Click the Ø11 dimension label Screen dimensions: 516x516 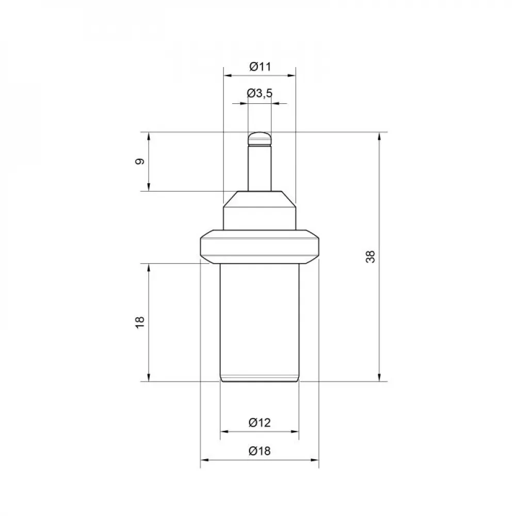260,67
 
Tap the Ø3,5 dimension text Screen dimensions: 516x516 260,93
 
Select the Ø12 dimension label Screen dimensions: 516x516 260,422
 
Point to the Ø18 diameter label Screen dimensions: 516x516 260,450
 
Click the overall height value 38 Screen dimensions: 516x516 370,256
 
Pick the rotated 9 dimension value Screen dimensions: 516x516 140,162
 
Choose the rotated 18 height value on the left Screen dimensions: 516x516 140,322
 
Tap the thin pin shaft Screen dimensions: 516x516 260,168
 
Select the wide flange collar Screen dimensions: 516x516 260,247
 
